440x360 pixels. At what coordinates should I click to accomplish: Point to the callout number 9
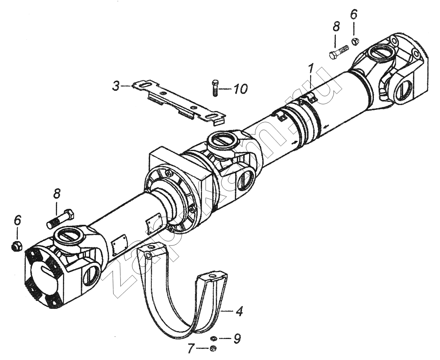pyautogui.click(x=237, y=338)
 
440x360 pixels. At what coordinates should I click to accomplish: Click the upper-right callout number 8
pyautogui.click(x=336, y=27)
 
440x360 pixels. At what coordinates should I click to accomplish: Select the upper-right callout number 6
pyautogui.click(x=354, y=14)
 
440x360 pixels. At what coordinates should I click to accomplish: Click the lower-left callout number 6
pyautogui.click(x=17, y=220)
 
